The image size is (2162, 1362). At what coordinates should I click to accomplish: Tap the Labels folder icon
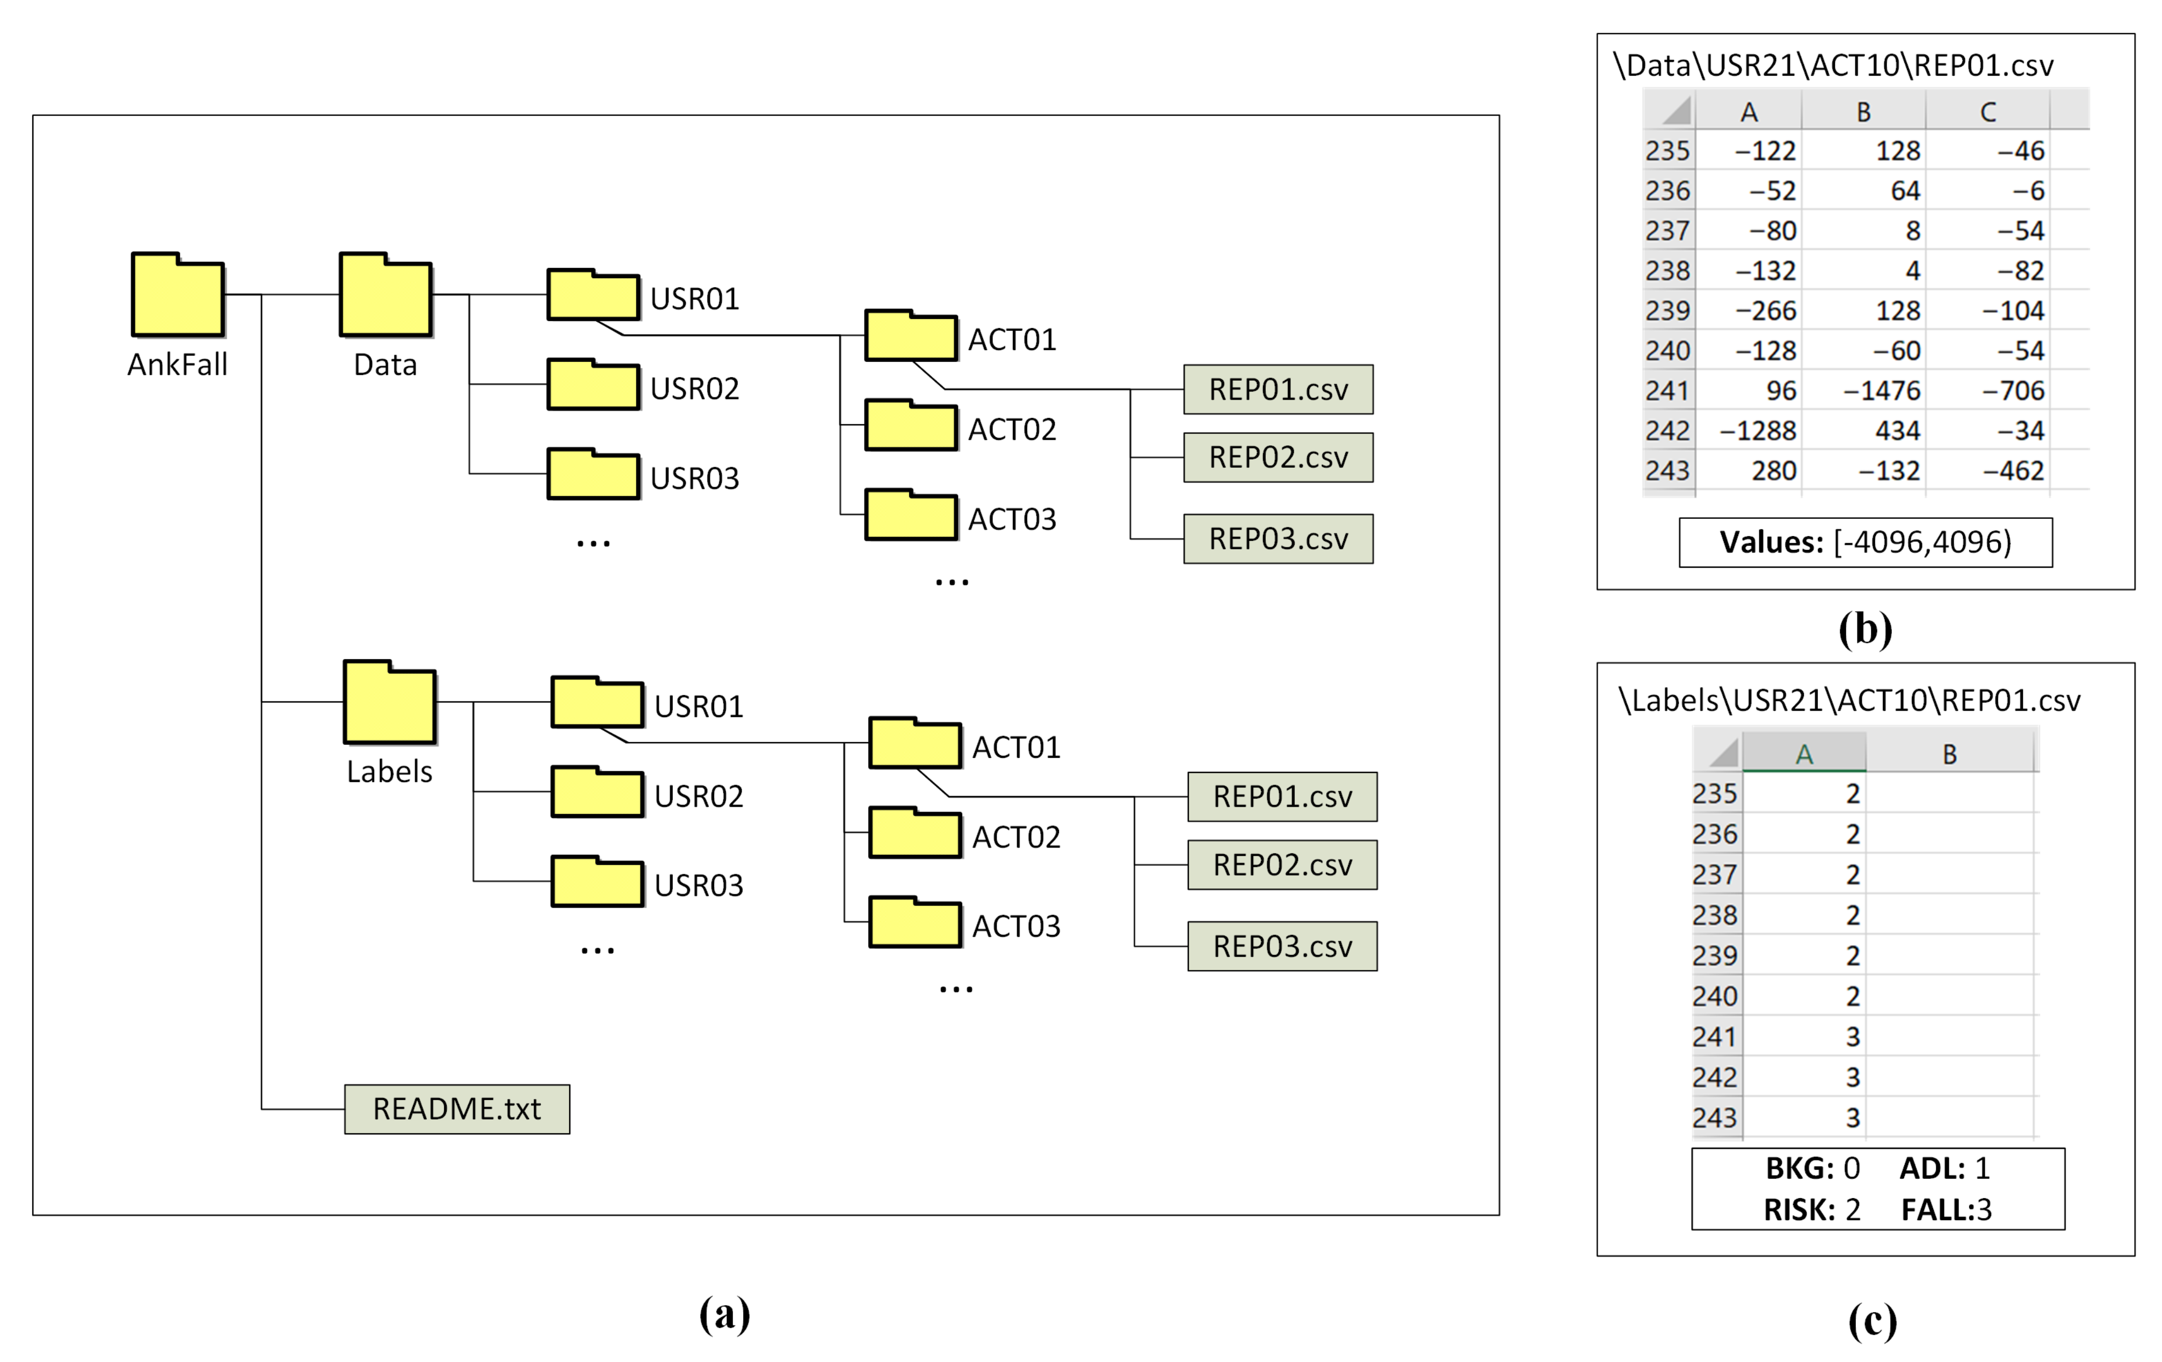click(390, 704)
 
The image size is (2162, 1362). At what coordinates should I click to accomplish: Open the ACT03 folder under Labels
click(915, 924)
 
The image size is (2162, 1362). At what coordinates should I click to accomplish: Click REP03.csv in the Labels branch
click(1282, 946)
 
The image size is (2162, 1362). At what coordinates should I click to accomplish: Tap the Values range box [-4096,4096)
click(1865, 542)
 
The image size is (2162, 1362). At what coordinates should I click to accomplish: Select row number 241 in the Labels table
click(1714, 1037)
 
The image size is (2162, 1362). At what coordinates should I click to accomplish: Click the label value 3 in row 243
click(1852, 1118)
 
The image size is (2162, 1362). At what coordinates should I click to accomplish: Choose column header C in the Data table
click(1988, 112)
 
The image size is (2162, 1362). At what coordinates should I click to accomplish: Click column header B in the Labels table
click(1949, 754)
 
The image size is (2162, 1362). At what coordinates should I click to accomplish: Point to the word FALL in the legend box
click(1933, 1210)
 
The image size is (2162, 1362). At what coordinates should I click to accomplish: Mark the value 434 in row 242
click(1897, 431)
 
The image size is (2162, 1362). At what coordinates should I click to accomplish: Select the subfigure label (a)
click(724, 1314)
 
